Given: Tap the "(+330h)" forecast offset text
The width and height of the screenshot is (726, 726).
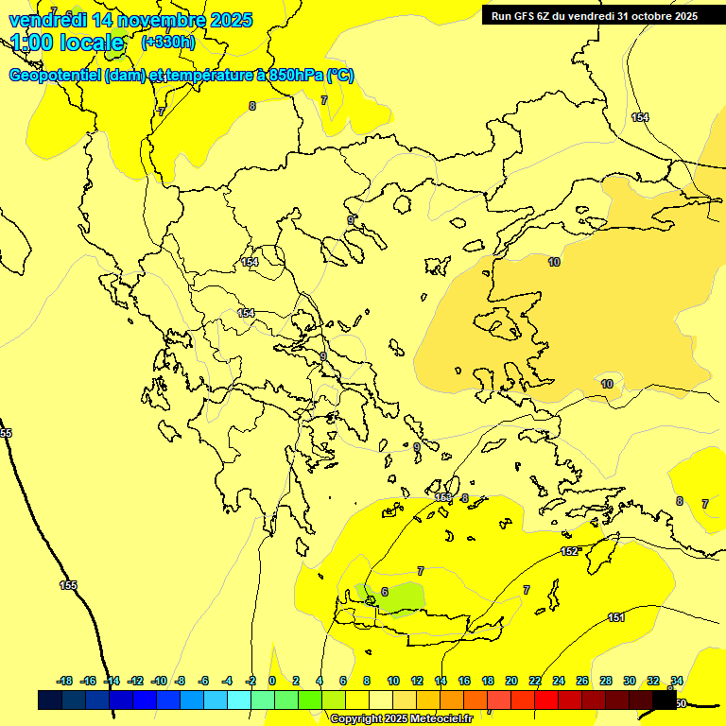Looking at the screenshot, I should [168, 43].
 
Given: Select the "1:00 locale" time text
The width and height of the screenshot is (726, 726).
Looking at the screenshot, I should [68, 43].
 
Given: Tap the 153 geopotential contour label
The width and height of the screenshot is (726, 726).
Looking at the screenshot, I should [443, 497].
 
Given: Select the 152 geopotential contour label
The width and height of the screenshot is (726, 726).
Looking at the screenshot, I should [569, 551].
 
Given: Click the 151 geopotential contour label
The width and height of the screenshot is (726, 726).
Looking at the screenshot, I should [616, 617].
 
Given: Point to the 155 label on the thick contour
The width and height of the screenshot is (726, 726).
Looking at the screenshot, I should [68, 585].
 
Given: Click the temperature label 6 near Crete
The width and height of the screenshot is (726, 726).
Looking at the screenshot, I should [384, 592].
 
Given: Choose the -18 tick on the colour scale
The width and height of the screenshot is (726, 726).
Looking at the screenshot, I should [65, 681].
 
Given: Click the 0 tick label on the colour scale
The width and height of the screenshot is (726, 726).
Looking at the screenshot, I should [272, 681].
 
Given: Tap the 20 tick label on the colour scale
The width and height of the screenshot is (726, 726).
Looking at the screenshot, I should [511, 681].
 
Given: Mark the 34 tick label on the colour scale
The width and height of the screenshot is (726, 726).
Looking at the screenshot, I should [677, 681].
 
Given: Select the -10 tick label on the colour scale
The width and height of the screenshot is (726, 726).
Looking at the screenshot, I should [159, 681].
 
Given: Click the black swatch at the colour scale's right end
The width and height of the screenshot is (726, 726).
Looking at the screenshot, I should [665, 700].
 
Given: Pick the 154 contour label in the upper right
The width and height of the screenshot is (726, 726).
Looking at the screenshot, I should [640, 117].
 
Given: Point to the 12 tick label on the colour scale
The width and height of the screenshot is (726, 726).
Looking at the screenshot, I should [417, 681].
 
